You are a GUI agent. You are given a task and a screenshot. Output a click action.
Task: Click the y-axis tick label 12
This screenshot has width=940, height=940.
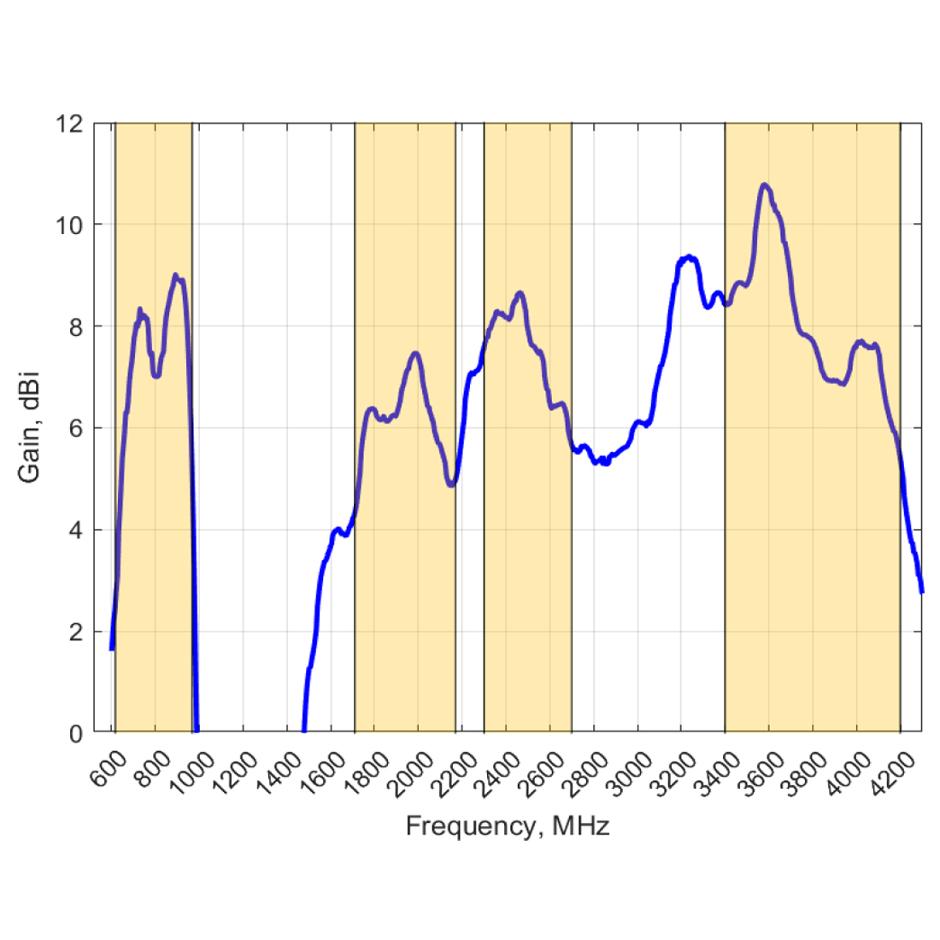(70, 124)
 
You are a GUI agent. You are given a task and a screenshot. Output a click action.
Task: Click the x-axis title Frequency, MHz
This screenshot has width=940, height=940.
(508, 826)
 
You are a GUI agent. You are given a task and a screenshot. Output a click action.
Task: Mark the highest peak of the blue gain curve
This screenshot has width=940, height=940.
(765, 185)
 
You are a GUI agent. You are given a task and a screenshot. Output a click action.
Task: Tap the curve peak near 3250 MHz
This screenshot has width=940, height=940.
(689, 256)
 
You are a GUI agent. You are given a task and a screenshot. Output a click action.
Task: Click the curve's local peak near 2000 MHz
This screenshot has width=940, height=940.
(416, 353)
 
